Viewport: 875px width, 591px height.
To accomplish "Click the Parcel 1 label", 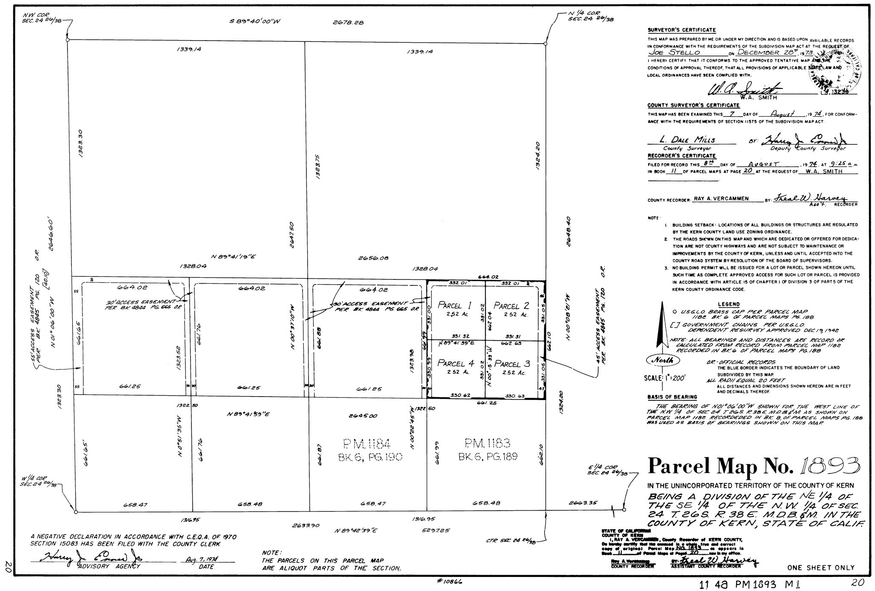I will point(455,306).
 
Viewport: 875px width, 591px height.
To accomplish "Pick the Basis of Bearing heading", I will point(672,397).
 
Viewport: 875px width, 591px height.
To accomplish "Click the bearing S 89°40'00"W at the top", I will point(255,22).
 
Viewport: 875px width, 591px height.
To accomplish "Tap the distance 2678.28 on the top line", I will point(348,23).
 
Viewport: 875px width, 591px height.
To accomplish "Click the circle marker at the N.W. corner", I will point(68,40).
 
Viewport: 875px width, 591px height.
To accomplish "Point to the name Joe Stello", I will point(674,53).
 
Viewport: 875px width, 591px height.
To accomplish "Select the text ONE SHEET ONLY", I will point(821,568).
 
